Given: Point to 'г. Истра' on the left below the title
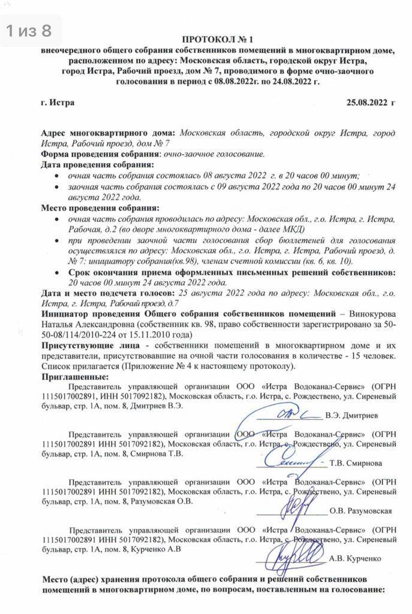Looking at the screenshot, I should pos(58,103).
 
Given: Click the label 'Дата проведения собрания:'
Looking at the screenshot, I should pos(97,164).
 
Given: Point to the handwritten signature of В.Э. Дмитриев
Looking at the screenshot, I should pos(288,414).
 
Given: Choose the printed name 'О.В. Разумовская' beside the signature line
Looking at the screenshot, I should pos(361,511).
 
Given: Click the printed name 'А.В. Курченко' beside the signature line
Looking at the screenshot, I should pos(355,558).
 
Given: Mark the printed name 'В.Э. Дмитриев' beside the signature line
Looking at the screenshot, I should pos(353,415).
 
